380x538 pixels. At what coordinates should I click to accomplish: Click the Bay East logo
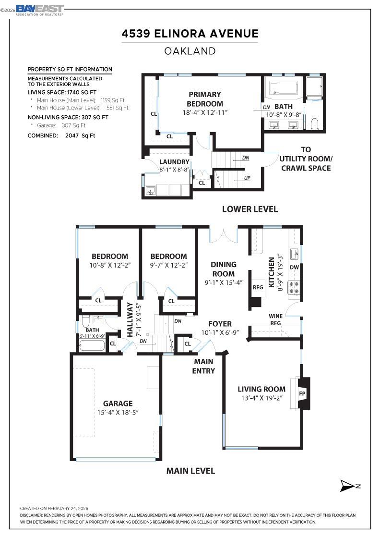[39, 10]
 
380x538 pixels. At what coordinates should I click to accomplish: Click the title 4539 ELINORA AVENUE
[190, 34]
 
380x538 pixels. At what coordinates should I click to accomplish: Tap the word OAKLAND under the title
[190, 51]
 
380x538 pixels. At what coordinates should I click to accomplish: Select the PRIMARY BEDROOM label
[205, 99]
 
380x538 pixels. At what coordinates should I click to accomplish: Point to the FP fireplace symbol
[302, 393]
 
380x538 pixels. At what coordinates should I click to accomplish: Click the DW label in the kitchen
[294, 267]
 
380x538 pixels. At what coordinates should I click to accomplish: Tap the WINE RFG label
[275, 319]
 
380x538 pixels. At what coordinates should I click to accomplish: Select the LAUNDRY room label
[174, 162]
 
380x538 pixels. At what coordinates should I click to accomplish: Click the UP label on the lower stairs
[247, 178]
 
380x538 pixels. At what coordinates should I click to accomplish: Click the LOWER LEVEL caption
[249, 209]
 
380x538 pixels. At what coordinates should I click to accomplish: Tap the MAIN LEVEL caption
[190, 471]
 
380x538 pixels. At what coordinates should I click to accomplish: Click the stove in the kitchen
[293, 287]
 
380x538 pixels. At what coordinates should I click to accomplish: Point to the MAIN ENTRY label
[204, 366]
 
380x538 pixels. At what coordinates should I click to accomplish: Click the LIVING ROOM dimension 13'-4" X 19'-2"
[261, 398]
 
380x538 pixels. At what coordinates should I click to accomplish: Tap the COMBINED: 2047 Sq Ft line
[61, 135]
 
